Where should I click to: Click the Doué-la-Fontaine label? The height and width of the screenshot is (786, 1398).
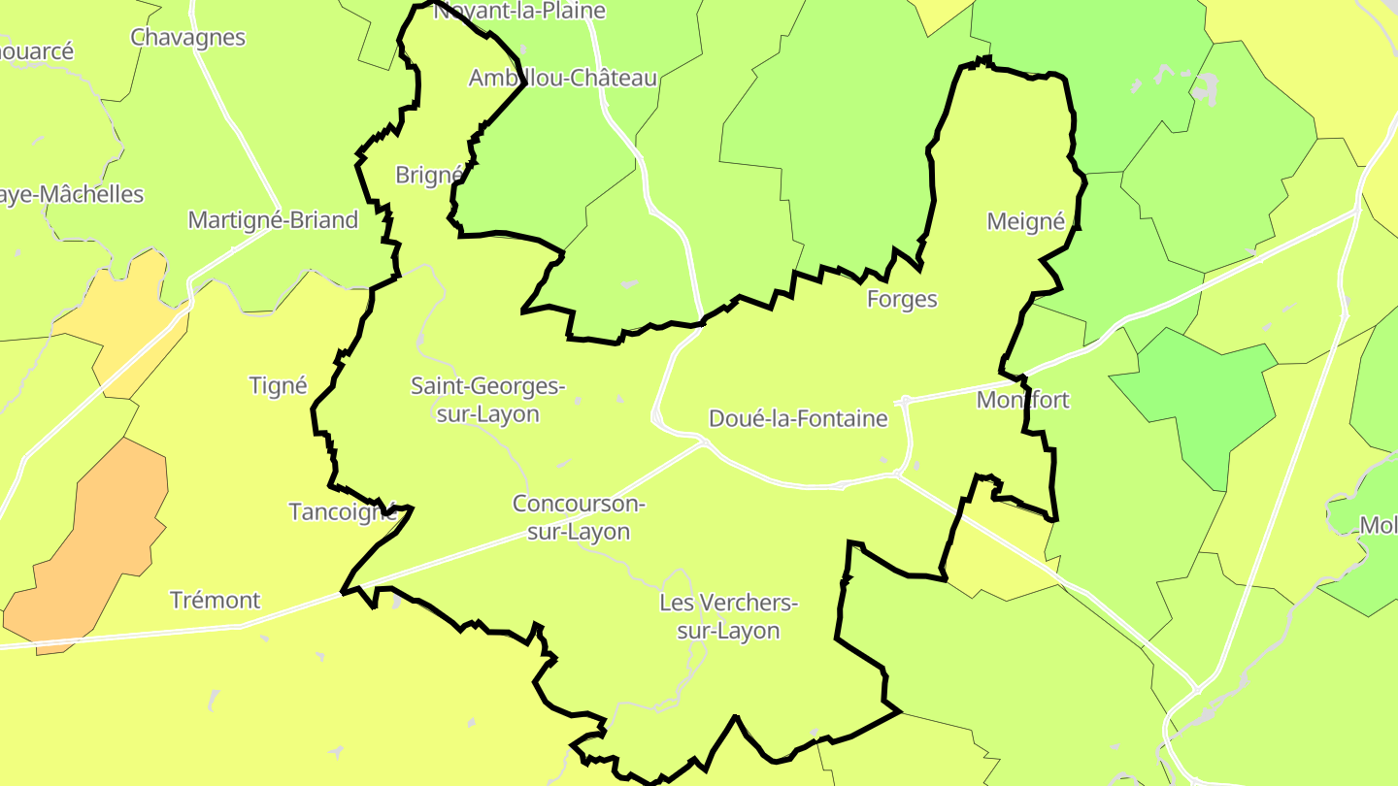click(x=798, y=418)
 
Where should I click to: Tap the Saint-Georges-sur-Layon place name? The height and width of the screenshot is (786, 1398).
click(x=487, y=400)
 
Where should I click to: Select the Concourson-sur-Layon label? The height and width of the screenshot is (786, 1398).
click(x=579, y=517)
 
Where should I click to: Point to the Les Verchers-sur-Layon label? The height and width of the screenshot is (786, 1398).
click(x=728, y=616)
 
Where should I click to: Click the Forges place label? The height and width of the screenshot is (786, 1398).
click(x=902, y=299)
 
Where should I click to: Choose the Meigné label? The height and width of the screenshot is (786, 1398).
click(x=1025, y=221)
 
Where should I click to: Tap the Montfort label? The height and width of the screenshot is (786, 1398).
click(x=1022, y=400)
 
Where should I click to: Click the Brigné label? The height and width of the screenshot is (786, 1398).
click(x=427, y=175)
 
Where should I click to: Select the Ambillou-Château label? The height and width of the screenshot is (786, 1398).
click(x=563, y=78)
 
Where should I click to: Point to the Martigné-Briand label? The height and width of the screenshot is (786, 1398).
click(x=273, y=219)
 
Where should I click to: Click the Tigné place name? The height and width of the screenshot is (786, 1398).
click(x=278, y=385)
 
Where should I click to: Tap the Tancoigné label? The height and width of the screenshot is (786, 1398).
click(x=343, y=511)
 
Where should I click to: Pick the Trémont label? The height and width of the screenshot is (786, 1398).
click(x=215, y=600)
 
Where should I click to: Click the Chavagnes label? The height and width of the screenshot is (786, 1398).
click(x=187, y=37)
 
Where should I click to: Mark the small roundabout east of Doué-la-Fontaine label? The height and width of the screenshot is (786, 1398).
click(x=905, y=399)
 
